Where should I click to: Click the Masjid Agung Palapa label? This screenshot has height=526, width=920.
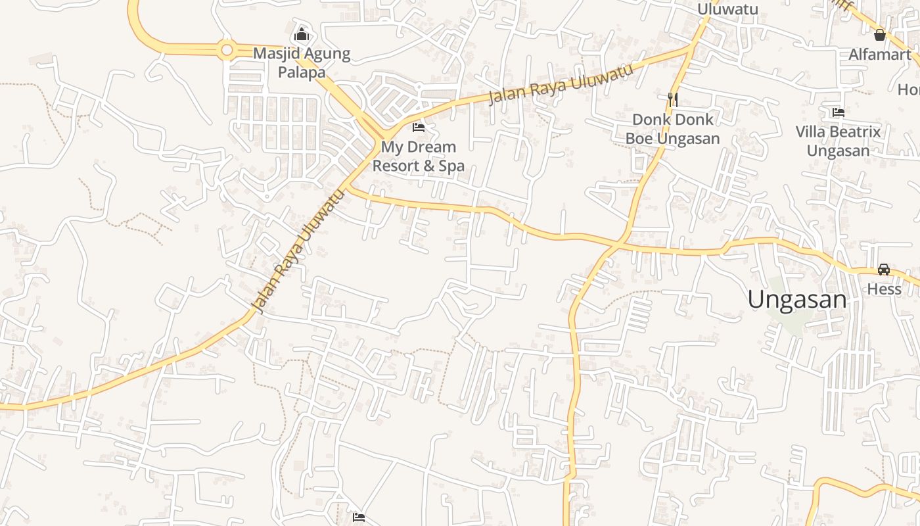tap(302, 62)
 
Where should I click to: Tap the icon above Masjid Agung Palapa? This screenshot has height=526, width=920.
tap(302, 34)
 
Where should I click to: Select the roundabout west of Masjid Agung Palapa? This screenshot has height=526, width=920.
tap(227, 49)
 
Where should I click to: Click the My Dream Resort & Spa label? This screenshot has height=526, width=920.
tap(419, 156)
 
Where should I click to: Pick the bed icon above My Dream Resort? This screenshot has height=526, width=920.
tap(419, 127)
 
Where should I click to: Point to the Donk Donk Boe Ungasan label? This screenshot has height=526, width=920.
tap(672, 129)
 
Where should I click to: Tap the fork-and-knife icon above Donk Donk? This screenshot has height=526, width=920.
tap(672, 100)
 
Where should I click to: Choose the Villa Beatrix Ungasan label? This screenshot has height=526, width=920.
tap(838, 141)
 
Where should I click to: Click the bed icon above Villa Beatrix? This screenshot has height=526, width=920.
tap(838, 112)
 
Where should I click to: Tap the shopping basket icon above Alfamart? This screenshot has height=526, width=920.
tap(880, 35)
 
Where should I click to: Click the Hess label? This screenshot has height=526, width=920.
tap(884, 289)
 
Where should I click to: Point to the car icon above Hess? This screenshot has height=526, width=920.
tap(884, 270)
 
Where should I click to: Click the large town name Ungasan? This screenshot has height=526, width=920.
tap(797, 299)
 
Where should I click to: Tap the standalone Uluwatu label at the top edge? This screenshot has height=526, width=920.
tap(727, 9)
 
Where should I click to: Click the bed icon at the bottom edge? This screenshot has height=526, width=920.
tap(359, 517)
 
